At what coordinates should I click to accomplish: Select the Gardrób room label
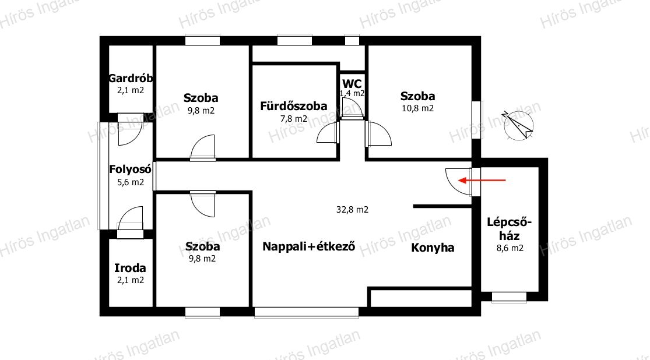point(131,79)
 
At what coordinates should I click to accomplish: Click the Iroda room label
point(130,269)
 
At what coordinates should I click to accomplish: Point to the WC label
point(352,83)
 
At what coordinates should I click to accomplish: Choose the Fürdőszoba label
point(293,107)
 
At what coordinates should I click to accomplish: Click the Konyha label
point(433,248)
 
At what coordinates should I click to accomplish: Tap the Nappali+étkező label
point(309,246)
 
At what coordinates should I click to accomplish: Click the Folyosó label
point(131,170)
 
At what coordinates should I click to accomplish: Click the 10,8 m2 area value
point(417,108)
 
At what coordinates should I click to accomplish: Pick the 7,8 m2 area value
point(293,119)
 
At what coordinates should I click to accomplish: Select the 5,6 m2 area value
point(131,182)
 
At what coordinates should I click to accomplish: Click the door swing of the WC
point(352,108)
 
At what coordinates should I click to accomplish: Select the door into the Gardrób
point(129,132)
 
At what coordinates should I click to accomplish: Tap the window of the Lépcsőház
point(509,297)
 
